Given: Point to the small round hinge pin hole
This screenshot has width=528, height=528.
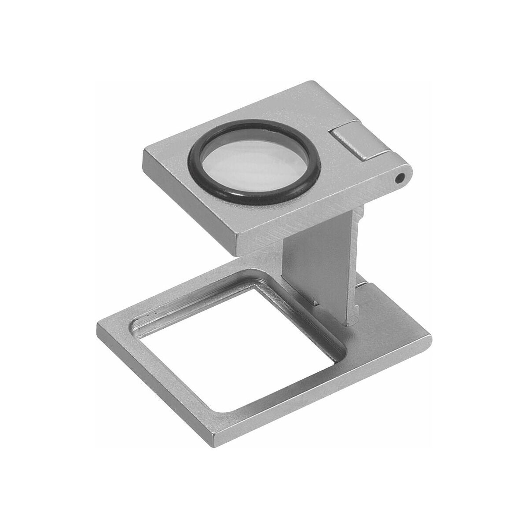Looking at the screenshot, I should click(x=400, y=178).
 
